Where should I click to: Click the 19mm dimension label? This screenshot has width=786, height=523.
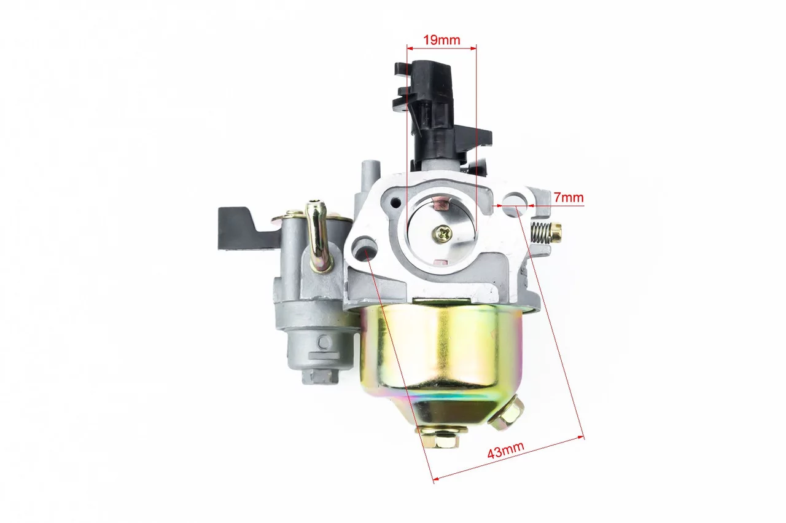click(442, 40)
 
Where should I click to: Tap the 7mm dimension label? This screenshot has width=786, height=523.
click(569, 197)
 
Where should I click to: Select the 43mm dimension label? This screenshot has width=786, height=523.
click(505, 450)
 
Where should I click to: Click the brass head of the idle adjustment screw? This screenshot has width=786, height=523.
click(556, 232)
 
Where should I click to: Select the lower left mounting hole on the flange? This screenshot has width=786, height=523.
click(364, 249)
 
